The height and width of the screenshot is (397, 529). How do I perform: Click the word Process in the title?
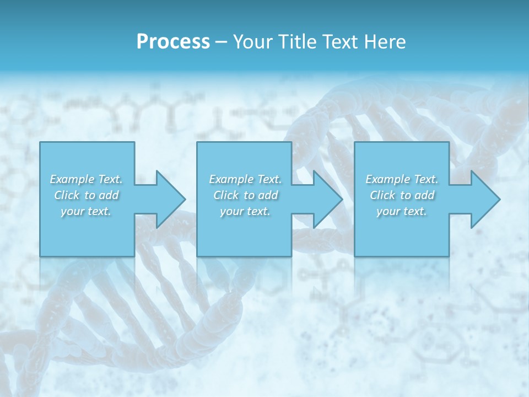coord(173,42)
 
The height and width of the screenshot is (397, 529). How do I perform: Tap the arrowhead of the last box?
coord(484,199)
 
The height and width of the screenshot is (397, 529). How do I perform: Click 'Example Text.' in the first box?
coord(86,179)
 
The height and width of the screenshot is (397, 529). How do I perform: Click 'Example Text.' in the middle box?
coord(245,179)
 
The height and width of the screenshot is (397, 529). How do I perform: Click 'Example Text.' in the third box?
coord(402,179)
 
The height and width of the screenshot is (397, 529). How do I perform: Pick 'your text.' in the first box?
coord(86,211)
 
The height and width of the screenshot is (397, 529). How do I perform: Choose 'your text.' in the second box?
coord(245,211)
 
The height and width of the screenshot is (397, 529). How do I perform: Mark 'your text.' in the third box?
coord(402,211)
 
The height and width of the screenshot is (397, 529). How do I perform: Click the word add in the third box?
coord(425,195)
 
